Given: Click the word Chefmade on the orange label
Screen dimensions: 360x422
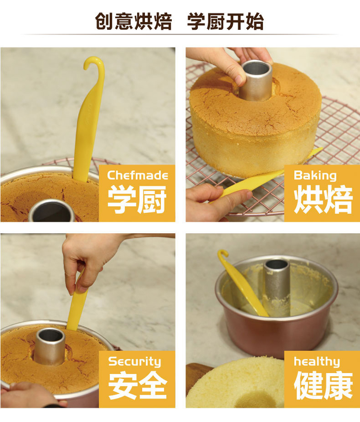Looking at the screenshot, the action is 138,176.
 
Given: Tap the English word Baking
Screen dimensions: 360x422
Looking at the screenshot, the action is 315,176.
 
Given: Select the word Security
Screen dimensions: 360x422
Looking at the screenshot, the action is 134,362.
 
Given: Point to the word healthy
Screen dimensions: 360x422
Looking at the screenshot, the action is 317,362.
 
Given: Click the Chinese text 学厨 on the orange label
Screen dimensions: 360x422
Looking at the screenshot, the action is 137,199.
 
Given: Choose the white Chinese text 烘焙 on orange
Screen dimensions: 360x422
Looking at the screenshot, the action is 323,199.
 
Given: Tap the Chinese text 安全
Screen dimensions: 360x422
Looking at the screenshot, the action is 138,385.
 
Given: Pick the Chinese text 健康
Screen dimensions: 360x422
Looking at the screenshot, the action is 324,385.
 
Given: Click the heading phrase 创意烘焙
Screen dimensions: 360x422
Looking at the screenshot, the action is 133,21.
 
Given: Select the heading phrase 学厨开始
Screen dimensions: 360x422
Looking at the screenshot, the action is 226,21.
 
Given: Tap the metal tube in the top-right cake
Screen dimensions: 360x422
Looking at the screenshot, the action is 255,80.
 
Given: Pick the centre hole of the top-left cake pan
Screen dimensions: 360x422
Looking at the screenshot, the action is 51,211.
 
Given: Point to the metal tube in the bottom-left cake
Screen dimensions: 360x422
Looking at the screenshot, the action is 49,347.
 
